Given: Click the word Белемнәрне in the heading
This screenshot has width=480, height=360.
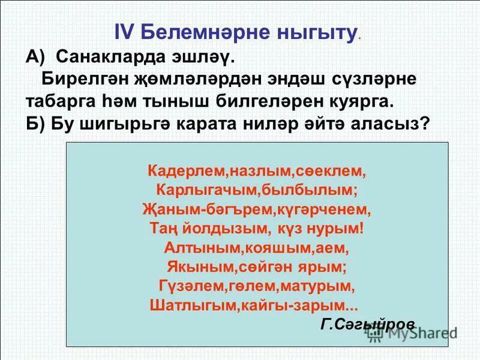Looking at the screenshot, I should coord(197,33).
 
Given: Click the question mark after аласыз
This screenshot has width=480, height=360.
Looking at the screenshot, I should coord(425,123).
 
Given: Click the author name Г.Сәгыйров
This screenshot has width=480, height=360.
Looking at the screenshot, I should coord(368,324).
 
